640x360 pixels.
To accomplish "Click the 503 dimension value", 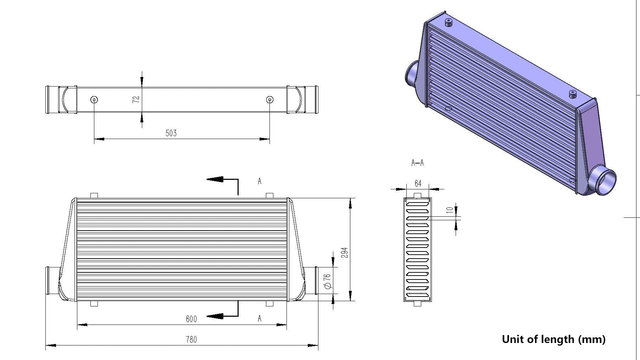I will coord(171,133).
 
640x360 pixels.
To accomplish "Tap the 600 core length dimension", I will coord(191,319).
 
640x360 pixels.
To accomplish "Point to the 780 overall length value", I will coord(191,339).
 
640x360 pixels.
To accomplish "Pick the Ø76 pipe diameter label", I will coord(328,281).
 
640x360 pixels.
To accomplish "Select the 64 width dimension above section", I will coord(418,183).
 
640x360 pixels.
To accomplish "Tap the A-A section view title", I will coord(417,163).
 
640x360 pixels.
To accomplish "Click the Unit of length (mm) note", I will coord(553,339).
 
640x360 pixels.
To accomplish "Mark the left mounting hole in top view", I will coord(94,99).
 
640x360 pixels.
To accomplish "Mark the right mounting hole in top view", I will coord(269,99).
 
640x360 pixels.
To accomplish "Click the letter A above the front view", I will coord(260,181).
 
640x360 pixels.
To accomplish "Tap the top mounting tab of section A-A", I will coord(418,195).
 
